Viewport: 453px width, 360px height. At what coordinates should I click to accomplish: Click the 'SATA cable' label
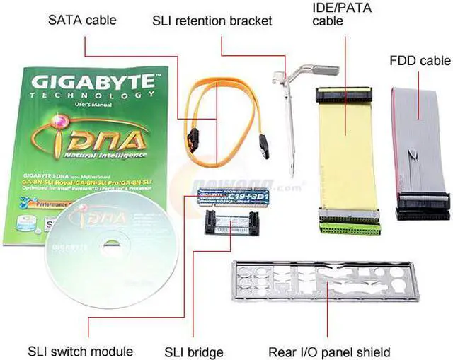[x=83, y=21]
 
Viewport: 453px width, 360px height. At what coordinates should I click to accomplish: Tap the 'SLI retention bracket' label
[x=212, y=21]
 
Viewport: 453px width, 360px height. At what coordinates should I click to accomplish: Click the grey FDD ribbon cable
[x=421, y=141]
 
